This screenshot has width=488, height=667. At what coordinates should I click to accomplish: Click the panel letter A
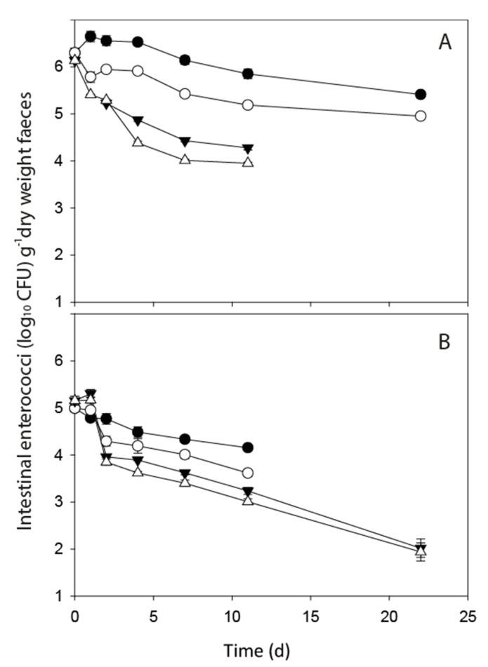pos(444,43)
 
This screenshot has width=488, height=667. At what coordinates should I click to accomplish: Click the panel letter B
pos(445,344)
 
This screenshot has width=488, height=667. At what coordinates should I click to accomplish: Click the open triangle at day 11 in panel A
pos(247,162)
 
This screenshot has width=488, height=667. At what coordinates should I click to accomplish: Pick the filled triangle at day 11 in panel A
pos(247,149)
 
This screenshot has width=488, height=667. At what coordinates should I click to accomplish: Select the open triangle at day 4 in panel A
pos(138,142)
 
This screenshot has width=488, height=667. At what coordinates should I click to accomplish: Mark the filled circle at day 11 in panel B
pos(247,447)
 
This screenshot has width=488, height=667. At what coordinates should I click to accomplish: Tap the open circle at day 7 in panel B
pos(185,454)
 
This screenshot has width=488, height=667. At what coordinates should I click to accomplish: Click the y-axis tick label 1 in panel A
pos(61,302)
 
